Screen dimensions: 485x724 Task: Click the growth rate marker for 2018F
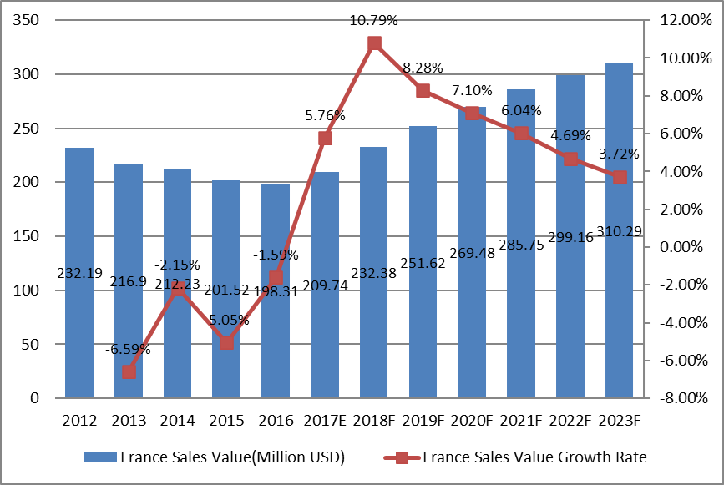(374, 43)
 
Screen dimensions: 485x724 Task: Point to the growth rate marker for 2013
(129, 371)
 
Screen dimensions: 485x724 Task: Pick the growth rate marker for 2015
(226, 342)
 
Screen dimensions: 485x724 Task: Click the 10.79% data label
(374, 18)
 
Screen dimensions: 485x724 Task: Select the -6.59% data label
(129, 349)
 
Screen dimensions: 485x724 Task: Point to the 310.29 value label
(619, 230)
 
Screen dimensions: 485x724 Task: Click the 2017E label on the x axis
(325, 421)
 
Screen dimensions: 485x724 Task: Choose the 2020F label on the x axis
(472, 421)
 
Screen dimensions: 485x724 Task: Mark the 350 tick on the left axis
(28, 20)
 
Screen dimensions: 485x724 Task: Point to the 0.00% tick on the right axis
(683, 247)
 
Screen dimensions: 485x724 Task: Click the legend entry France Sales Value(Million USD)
(214, 457)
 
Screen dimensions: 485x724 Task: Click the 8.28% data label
(423, 68)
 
